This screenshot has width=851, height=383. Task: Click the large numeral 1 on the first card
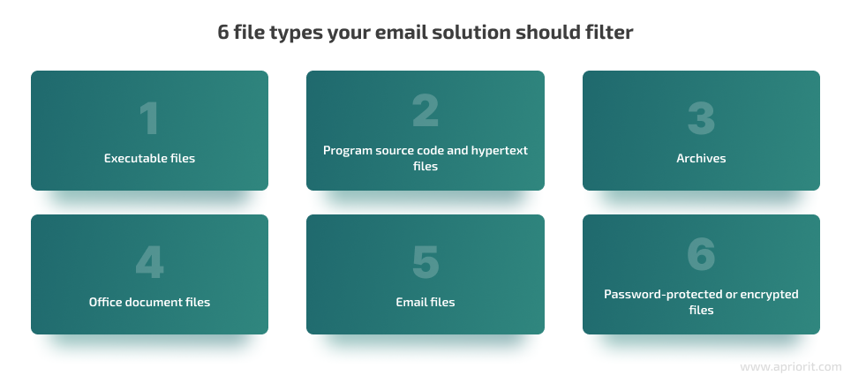click(x=150, y=118)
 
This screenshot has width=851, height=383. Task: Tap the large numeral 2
click(x=425, y=110)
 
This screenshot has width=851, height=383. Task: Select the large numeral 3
click(x=701, y=118)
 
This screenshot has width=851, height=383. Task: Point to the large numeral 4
click(x=149, y=262)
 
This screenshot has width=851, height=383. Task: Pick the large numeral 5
click(x=425, y=262)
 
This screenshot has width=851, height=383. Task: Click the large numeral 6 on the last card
click(x=701, y=254)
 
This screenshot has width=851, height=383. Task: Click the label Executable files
click(x=150, y=159)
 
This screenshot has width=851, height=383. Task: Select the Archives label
click(x=701, y=159)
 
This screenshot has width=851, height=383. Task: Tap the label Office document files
click(x=150, y=302)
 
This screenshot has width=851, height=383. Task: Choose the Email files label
click(x=425, y=302)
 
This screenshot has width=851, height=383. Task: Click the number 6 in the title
click(x=223, y=33)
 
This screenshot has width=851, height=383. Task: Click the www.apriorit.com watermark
click(x=791, y=367)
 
